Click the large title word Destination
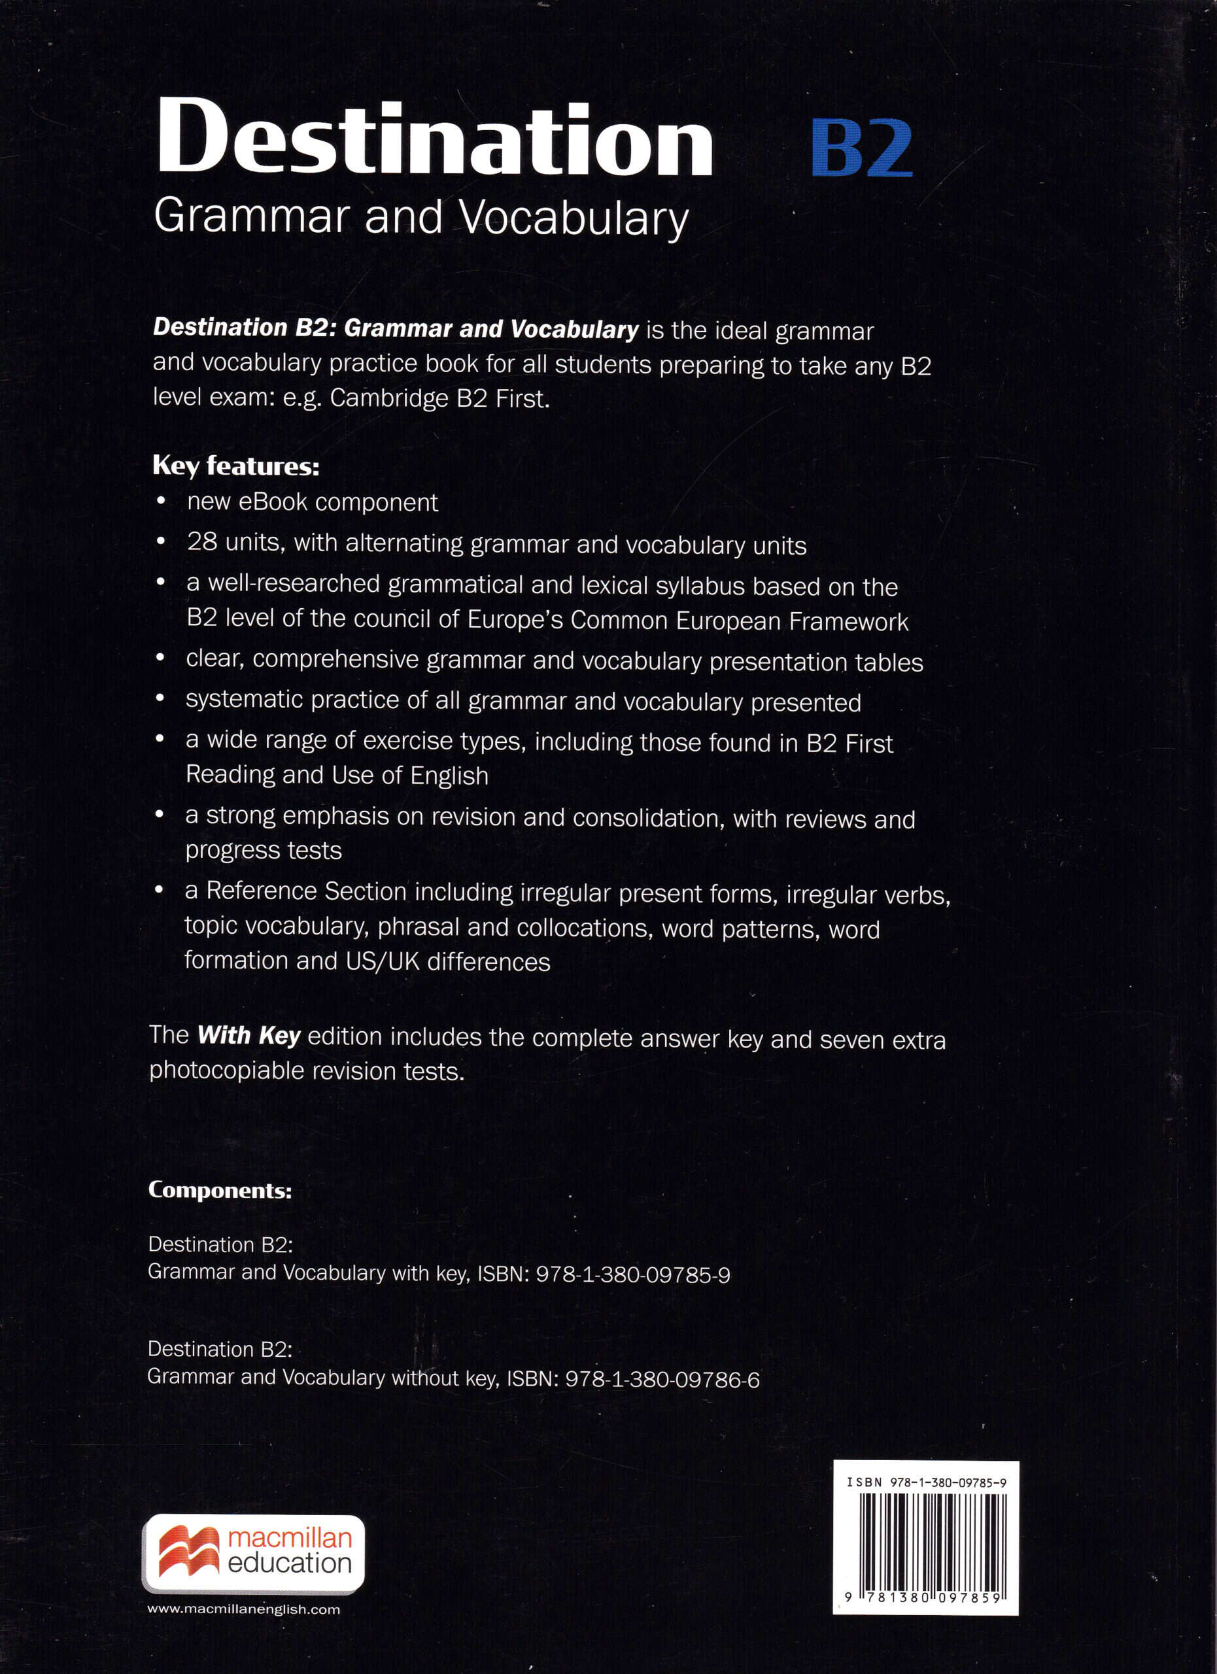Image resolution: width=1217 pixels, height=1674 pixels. click(x=434, y=138)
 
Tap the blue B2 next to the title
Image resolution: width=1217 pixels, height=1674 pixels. click(x=861, y=148)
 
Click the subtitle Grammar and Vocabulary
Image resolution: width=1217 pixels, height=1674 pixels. click(x=420, y=218)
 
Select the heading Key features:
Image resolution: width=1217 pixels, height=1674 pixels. click(x=235, y=466)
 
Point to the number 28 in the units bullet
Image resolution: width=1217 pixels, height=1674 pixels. click(x=201, y=543)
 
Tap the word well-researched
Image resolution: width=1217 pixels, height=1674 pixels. click(x=293, y=584)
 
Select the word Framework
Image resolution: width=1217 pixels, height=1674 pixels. click(x=848, y=621)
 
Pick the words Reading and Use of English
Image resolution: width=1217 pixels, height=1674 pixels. click(x=337, y=775)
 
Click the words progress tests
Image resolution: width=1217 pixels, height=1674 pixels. click(x=264, y=851)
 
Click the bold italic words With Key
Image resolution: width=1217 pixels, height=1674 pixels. click(x=249, y=1036)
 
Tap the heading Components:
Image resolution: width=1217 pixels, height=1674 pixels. click(x=220, y=1191)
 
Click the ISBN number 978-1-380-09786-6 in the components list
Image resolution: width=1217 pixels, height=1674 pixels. click(x=662, y=1380)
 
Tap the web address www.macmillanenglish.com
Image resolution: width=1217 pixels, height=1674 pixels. click(x=243, y=1610)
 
